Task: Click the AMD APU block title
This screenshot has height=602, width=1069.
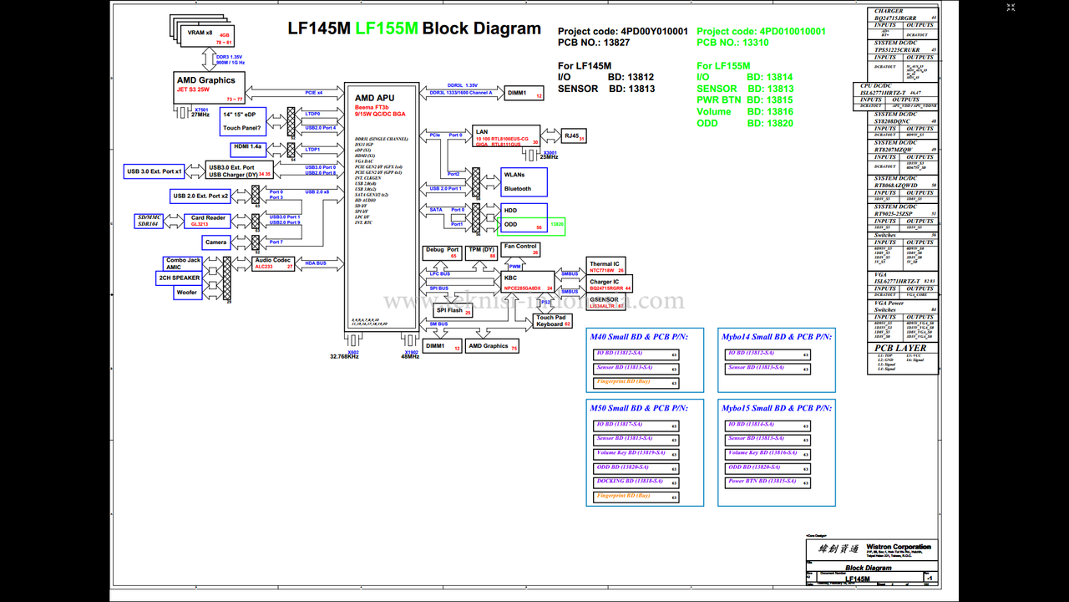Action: coord(374,98)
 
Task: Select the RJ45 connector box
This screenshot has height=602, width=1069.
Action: coord(573,135)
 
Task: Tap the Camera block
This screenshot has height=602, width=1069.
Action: coord(215,242)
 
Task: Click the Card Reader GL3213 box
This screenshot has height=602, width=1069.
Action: coord(209,221)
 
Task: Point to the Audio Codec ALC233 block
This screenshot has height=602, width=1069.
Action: coord(273,263)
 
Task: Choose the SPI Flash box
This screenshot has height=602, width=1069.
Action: coord(453,310)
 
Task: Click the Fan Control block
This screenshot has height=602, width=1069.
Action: coord(520,249)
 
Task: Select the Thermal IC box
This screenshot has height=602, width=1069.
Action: coord(605,267)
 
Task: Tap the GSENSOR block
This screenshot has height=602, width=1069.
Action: coord(606,303)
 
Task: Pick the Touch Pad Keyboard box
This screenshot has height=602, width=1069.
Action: coord(553,320)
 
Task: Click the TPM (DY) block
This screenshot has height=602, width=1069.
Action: coord(481,253)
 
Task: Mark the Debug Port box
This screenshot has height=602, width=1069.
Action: coord(442,253)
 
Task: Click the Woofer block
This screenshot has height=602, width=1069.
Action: coord(187,293)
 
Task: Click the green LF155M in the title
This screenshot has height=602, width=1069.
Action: coord(387,28)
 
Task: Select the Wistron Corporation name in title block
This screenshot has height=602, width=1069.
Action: coord(899,547)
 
